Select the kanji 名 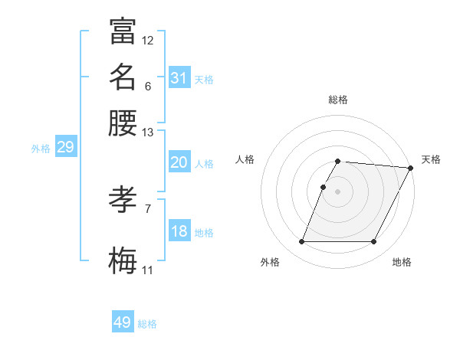[123, 77]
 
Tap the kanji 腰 [123, 123]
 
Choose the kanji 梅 [123, 261]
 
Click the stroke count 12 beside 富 [148, 41]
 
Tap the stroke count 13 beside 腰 [148, 133]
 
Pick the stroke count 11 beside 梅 [148, 270]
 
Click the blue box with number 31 [179, 78]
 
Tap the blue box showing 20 [179, 162]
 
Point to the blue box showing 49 [123, 323]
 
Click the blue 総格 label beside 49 [148, 324]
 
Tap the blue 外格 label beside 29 [41, 149]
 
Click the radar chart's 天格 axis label [431, 159]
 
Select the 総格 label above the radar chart [338, 100]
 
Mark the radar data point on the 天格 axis [412, 168]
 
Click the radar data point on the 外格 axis [301, 242]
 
